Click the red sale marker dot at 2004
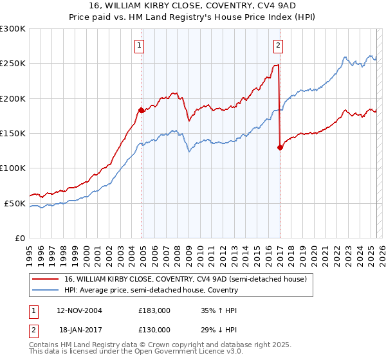[x=141, y=110]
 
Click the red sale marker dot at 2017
[x=280, y=147]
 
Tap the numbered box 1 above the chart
[x=140, y=45]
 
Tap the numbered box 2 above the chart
[x=278, y=45]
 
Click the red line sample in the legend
[x=46, y=280]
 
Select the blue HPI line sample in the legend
[x=46, y=291]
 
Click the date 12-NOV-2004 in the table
[x=79, y=310]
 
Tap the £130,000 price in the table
[x=154, y=329]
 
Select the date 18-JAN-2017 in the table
[x=78, y=329]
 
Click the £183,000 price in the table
[x=154, y=310]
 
